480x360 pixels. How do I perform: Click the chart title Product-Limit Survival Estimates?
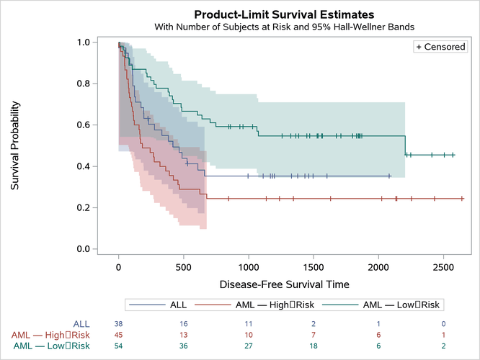[284, 14]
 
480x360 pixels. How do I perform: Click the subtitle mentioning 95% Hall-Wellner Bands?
[284, 27]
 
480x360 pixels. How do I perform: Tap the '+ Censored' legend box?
[440, 47]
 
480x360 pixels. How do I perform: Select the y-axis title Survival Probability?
[15, 145]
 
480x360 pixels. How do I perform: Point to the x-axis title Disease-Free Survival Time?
[284, 284]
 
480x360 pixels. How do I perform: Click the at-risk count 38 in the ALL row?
[118, 324]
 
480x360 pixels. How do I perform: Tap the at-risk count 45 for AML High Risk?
[118, 335]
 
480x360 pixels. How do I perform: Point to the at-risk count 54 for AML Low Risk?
[118, 346]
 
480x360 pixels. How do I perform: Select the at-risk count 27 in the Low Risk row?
[249, 346]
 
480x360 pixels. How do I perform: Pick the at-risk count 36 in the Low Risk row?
[184, 346]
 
